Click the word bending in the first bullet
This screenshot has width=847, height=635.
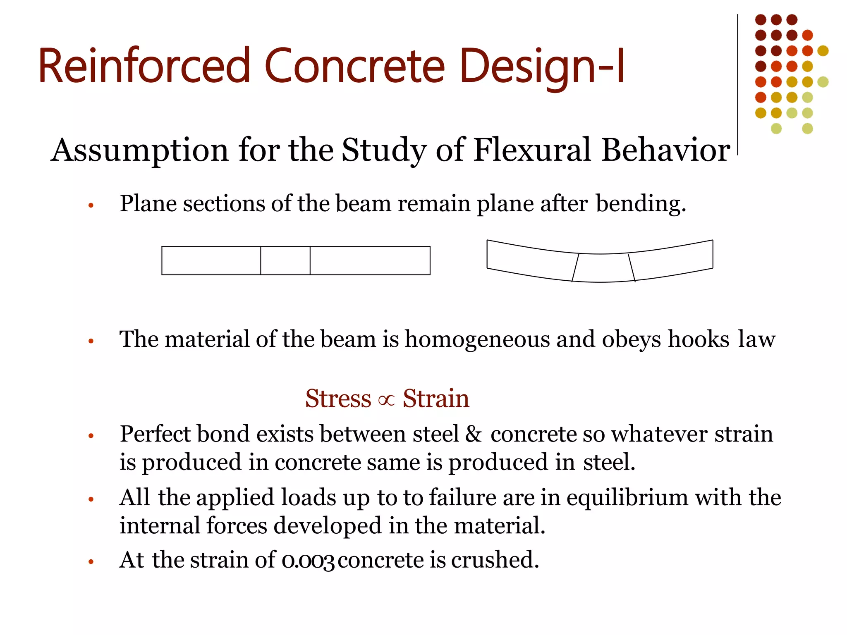pyautogui.click(x=640, y=204)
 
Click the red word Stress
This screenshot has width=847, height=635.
pyautogui.click(x=338, y=399)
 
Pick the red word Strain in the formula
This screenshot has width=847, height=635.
pyautogui.click(x=436, y=399)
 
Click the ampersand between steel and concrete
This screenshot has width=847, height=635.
pyautogui.click(x=473, y=434)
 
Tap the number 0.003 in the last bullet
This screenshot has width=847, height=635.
pyautogui.click(x=307, y=561)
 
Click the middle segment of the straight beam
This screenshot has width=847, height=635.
pyautogui.click(x=285, y=260)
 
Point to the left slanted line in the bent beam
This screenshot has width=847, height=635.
pyautogui.click(x=575, y=268)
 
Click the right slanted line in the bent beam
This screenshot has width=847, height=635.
pyautogui.click(x=632, y=268)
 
